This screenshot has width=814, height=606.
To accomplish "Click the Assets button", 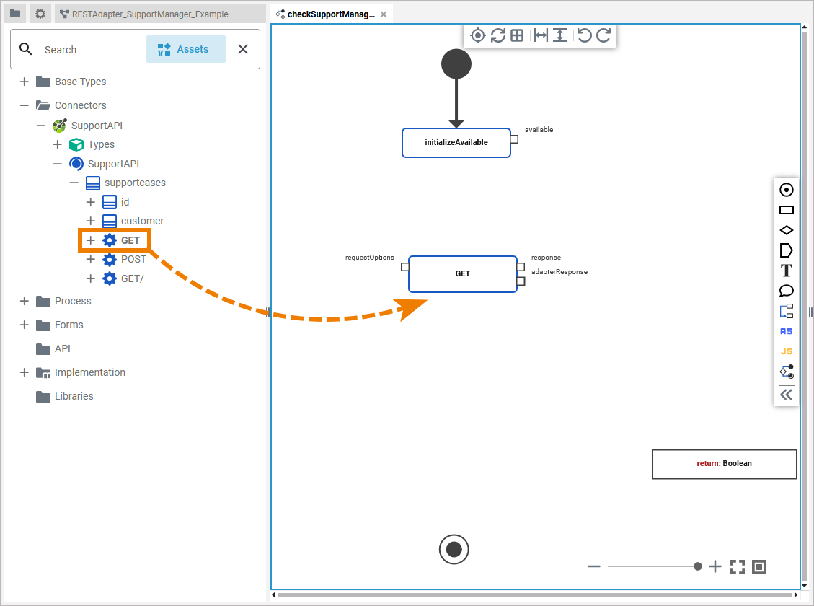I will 186,49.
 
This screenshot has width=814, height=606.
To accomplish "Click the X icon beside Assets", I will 243,49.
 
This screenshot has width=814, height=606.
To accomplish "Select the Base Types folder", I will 80,82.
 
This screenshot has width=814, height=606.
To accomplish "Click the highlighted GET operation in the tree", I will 130,240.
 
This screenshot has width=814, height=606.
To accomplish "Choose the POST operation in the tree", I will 133,259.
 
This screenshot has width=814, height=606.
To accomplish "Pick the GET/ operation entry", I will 132,278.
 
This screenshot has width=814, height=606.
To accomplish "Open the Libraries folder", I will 74,396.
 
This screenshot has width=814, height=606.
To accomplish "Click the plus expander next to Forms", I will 25,325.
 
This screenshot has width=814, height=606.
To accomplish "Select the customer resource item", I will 142,221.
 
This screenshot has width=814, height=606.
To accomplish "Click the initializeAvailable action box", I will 456,143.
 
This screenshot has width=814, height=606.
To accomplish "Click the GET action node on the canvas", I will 462,274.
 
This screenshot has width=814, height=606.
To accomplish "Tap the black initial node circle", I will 456,64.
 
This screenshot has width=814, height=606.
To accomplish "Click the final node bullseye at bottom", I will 454,550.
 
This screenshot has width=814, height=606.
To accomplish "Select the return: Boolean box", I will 724,464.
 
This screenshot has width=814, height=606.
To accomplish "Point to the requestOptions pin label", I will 370,258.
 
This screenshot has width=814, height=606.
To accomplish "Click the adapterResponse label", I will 559,272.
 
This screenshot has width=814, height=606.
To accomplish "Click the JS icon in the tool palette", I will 787,352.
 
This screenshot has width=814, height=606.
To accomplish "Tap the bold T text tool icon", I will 787,271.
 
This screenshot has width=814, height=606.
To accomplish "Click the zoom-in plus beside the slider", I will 715,567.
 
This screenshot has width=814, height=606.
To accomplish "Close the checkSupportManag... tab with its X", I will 384,14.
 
